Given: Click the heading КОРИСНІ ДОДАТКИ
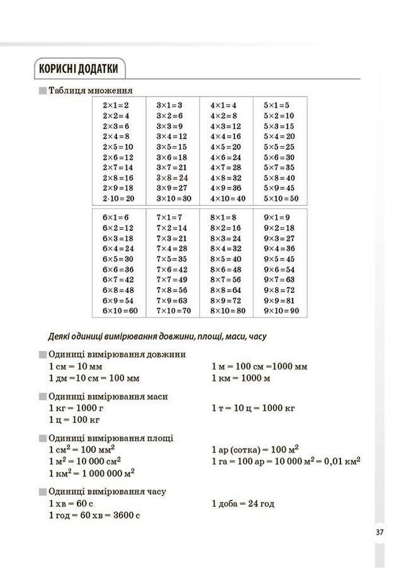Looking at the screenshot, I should coord(79,68).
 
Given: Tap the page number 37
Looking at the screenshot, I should coord(379,532).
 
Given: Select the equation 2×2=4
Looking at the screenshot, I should coord(116,116).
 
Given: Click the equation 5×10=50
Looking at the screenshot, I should coord(280,199).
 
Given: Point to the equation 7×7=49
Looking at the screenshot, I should coord(172,279).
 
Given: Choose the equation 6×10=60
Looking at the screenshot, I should coord(120,311).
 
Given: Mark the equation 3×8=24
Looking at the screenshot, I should coord(172,178).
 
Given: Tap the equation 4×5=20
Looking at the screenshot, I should coord(225,147).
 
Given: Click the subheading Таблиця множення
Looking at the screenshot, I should coord(90,90).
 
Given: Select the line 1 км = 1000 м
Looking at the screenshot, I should coord(241,378).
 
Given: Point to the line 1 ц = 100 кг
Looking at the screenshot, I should coord(74,419).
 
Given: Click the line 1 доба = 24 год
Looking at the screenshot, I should coord(243,504).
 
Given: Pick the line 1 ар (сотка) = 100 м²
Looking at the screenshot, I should coord(255,450).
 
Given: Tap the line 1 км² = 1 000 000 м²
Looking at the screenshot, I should coord(91,473).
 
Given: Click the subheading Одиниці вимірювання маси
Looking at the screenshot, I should coord(108,396).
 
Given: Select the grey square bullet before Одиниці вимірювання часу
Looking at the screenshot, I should coord(43,492).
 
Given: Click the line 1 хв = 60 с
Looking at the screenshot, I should coord(72,504).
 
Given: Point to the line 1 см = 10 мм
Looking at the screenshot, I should coord(75,366).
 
